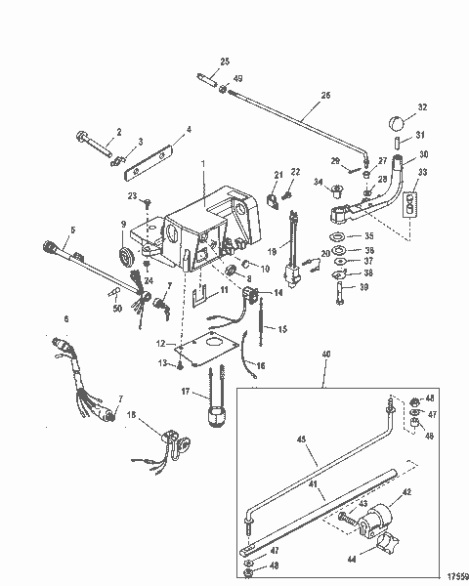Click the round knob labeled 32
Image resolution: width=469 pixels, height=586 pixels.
pyautogui.click(x=397, y=124)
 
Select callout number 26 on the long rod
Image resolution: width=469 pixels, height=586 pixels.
pyautogui.click(x=325, y=95)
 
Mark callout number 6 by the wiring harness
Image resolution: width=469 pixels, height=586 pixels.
pyautogui.click(x=66, y=318)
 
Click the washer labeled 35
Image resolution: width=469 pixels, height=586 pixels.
pyautogui.click(x=338, y=237)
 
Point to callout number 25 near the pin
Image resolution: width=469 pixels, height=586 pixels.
pyautogui.click(x=224, y=62)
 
